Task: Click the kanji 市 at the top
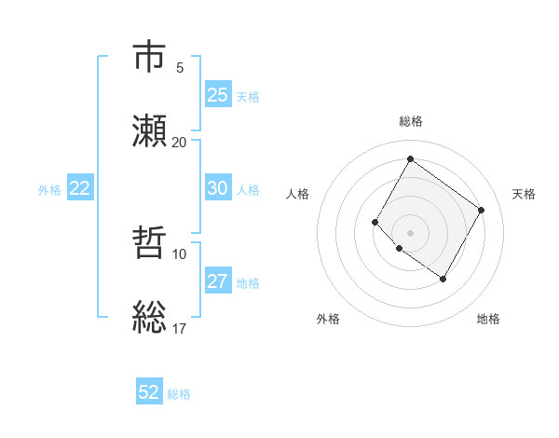tap(150, 58)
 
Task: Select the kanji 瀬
tap(150, 130)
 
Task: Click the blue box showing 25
tap(217, 95)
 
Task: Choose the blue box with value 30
tap(217, 188)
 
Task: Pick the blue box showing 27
tap(217, 281)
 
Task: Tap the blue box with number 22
tap(80, 188)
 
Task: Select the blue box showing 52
tap(149, 392)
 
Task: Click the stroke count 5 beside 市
tap(180, 68)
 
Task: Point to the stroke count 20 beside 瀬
tap(179, 142)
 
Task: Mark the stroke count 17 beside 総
tap(180, 328)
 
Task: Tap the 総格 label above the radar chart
tap(410, 121)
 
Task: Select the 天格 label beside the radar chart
tap(525, 194)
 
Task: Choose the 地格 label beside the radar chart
tap(488, 320)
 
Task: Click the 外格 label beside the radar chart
tap(328, 320)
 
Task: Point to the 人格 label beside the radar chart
tap(298, 194)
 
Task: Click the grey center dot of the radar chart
tap(410, 232)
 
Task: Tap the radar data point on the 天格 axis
tap(481, 210)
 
